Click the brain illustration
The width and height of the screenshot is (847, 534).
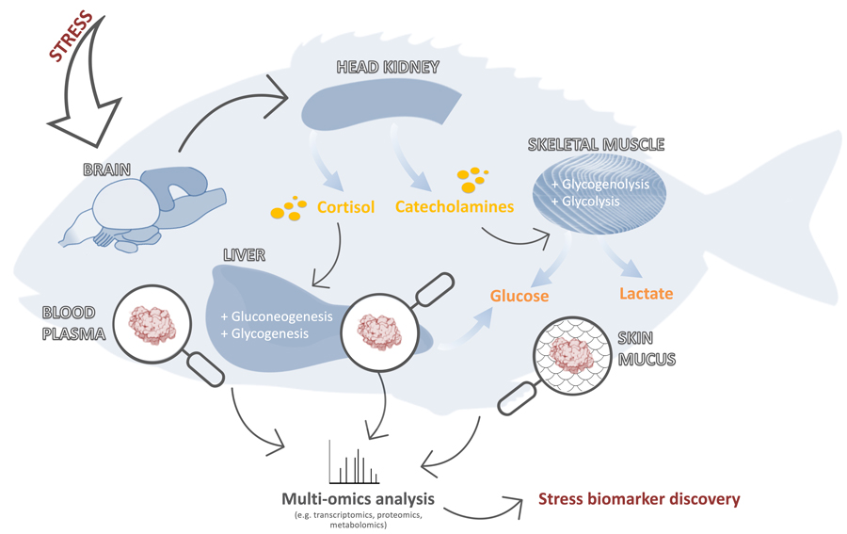click(x=155, y=207)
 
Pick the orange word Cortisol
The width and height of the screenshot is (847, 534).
click(x=344, y=205)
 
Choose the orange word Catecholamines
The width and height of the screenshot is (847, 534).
click(x=455, y=205)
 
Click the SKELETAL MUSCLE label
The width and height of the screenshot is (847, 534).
click(x=596, y=145)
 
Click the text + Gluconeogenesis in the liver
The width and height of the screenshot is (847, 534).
click(x=276, y=316)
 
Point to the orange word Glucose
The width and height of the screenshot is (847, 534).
click(x=519, y=295)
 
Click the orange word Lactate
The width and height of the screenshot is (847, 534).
click(x=646, y=294)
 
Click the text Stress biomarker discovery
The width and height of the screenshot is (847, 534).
click(x=639, y=499)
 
